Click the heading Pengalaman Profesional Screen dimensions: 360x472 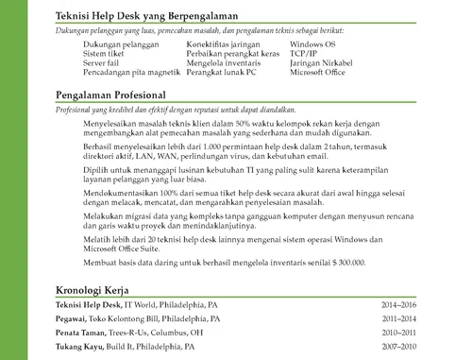point(111,95)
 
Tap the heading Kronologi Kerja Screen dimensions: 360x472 point(92,291)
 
